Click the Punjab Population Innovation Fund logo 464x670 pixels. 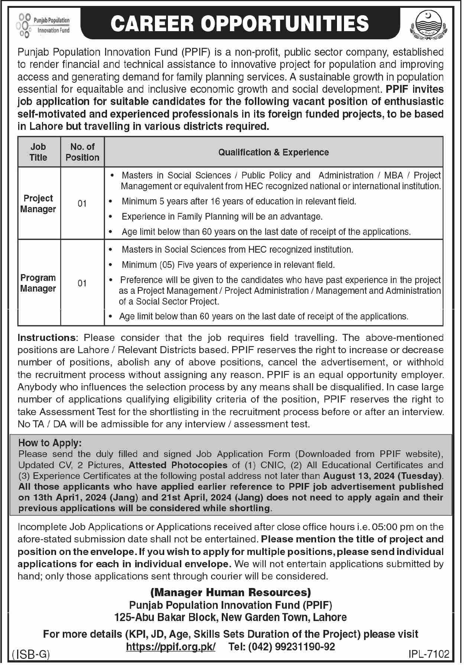(43, 25)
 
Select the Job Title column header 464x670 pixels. (38, 152)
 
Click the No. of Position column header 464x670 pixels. (82, 152)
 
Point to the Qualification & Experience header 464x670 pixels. (273, 152)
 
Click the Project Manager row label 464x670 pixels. (38, 204)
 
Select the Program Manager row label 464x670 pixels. (38, 283)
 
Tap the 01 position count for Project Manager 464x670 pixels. (82, 204)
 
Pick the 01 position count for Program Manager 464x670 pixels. (82, 283)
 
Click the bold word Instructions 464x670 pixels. (46, 338)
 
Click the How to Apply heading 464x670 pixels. (50, 443)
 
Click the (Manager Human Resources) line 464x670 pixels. (230, 592)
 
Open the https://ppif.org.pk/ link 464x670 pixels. (171, 647)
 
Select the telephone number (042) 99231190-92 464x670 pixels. (282, 647)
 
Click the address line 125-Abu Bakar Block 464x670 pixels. (230, 617)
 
